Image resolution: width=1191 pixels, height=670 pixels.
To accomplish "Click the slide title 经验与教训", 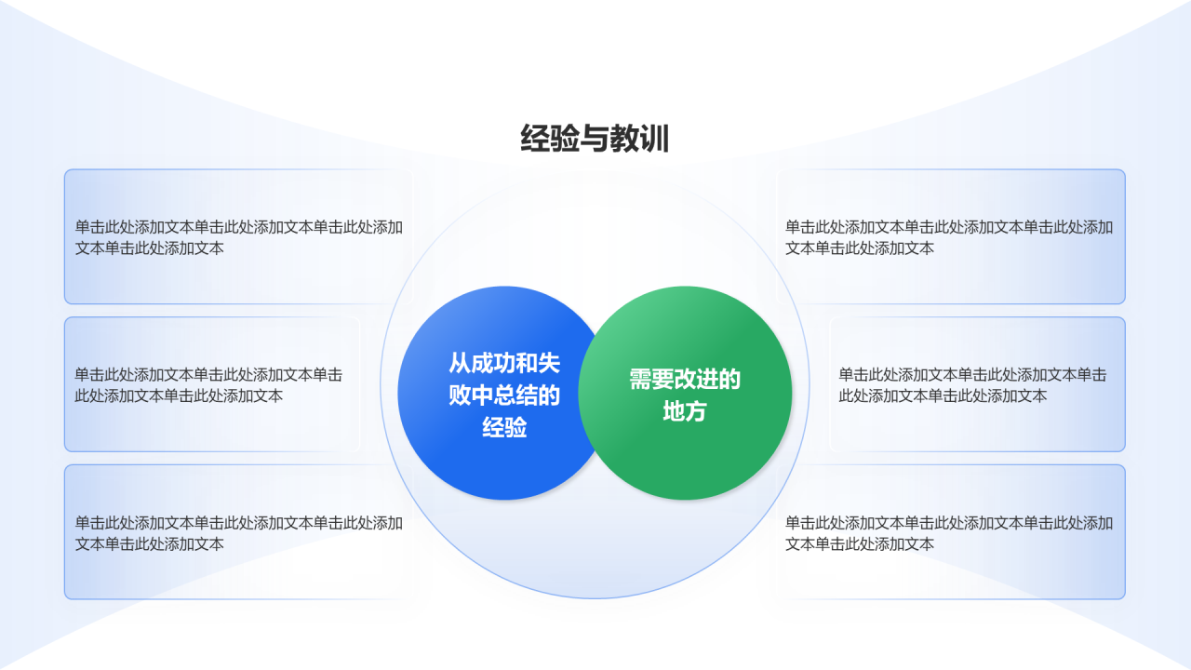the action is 595,139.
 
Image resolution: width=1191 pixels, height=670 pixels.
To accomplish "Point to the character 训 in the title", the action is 654,139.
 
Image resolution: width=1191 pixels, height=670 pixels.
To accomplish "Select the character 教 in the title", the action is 624,139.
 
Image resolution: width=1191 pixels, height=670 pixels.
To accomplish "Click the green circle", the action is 685,393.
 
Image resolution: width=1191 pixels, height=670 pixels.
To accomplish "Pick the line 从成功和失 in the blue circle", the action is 504,363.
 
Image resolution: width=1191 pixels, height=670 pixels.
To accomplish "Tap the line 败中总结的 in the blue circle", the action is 504,395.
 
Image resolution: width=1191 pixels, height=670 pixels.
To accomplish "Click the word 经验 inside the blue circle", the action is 504,427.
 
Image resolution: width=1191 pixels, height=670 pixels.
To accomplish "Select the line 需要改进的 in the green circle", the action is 685,379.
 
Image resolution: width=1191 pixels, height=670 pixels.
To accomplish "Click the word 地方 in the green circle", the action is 685,411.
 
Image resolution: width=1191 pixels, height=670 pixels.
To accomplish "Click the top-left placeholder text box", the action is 238,236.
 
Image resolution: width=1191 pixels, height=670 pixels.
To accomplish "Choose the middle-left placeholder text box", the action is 212,384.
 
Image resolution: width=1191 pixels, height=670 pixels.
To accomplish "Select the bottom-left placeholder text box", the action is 238,532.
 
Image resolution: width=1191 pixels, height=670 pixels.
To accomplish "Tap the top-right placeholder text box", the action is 951,236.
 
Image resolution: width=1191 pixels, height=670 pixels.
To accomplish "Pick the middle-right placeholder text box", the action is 977,384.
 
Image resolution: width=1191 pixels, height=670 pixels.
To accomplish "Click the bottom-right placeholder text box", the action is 951,532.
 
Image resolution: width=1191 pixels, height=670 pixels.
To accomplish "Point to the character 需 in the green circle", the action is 640,379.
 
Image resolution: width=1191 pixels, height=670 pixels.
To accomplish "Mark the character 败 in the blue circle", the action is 460,395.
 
